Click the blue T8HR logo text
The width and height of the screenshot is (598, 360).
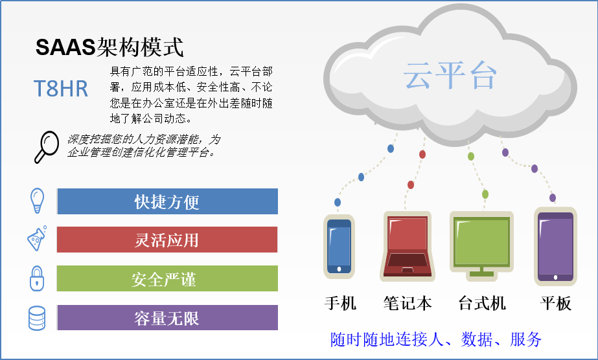61,88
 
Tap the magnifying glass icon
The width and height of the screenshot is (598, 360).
47,147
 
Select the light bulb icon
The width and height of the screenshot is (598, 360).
37,200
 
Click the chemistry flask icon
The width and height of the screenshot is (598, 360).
37,238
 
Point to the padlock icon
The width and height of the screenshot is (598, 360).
37,278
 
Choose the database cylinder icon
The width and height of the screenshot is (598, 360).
37,318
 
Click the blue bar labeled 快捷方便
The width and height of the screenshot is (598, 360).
167,201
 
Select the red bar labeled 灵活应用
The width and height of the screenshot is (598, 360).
167,240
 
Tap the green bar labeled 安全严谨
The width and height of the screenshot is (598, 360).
167,278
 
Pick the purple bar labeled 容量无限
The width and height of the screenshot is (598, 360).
167,318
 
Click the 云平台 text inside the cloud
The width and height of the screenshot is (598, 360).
450,75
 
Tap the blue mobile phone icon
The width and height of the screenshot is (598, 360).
339,247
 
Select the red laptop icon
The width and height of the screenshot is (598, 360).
408,247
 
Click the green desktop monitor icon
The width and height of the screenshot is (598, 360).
481,247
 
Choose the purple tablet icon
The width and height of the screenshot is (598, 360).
555,247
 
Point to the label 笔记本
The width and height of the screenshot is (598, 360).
408,304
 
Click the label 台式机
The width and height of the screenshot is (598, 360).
482,304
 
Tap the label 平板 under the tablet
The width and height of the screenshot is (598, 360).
556,304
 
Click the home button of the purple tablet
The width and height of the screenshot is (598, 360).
555,277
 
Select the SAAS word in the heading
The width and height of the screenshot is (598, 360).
65,47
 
